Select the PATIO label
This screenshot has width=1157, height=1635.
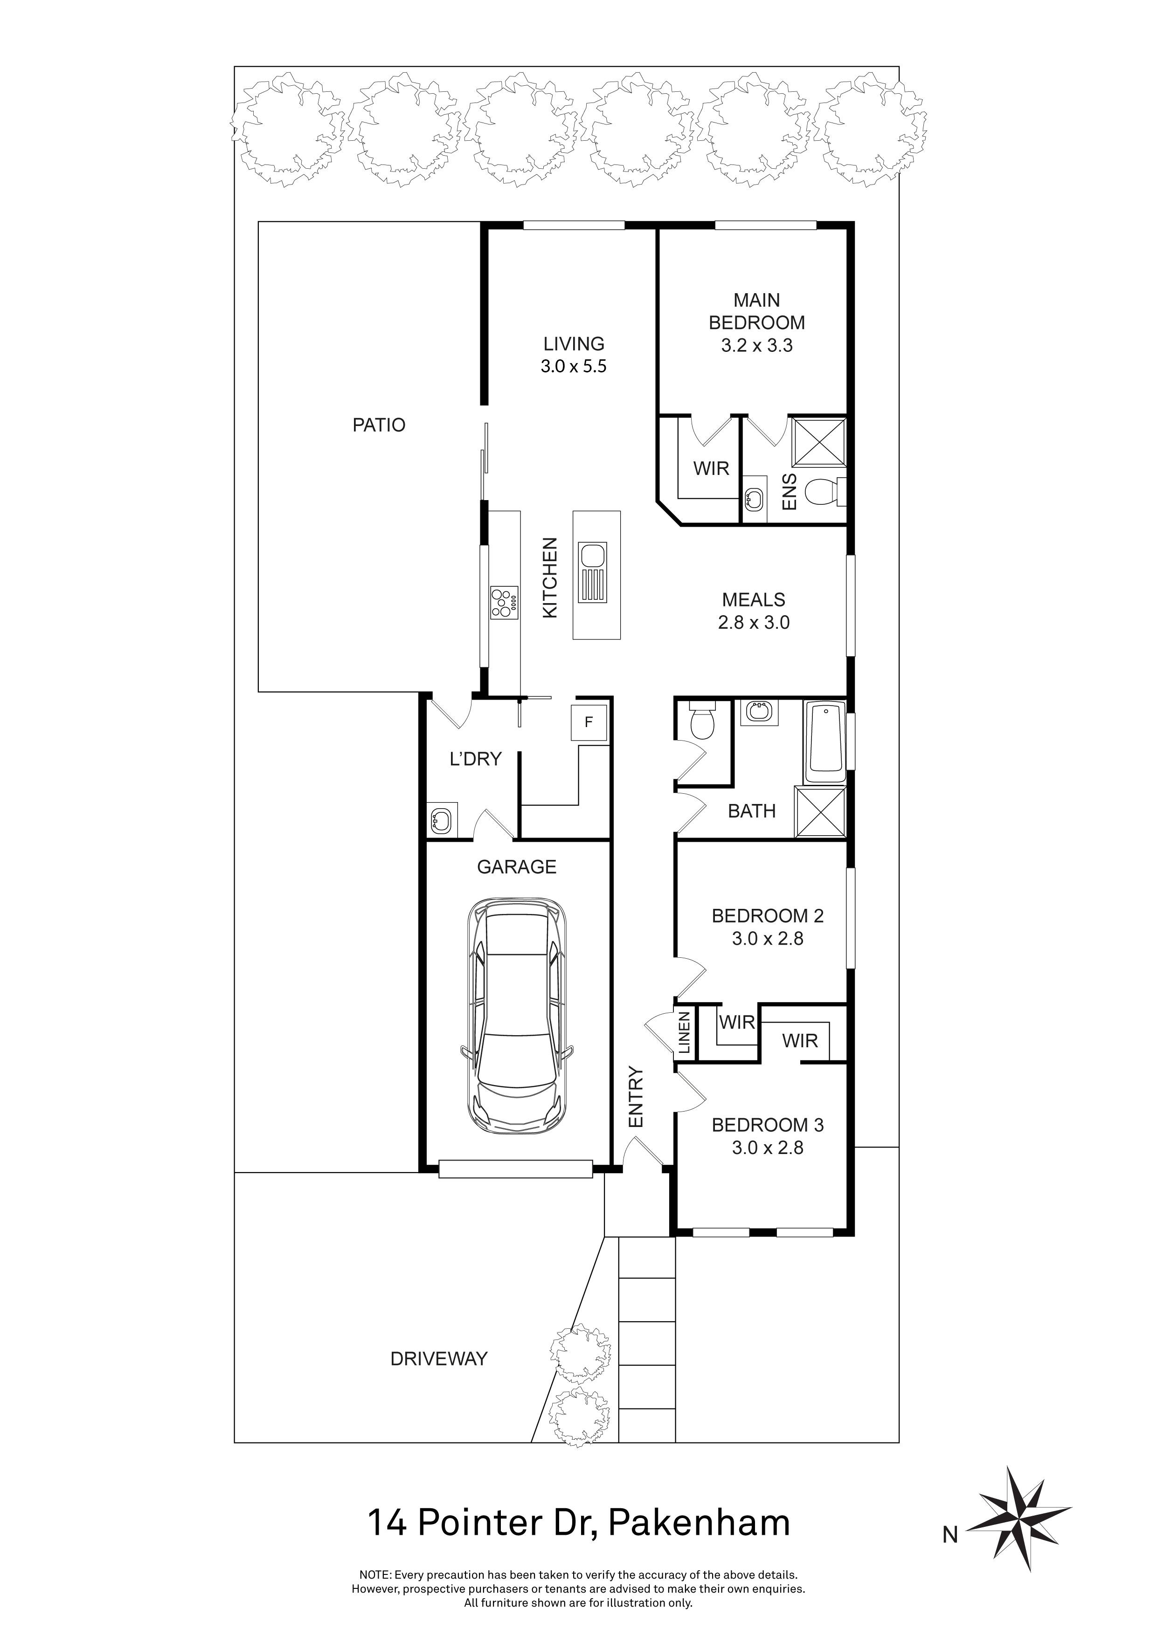tap(379, 425)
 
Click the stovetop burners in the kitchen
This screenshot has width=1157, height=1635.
tap(505, 602)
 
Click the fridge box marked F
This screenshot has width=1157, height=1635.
tap(589, 722)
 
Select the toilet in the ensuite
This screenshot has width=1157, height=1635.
tap(825, 491)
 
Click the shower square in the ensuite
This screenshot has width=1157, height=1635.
tap(819, 442)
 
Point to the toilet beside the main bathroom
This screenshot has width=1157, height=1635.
tap(702, 721)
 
